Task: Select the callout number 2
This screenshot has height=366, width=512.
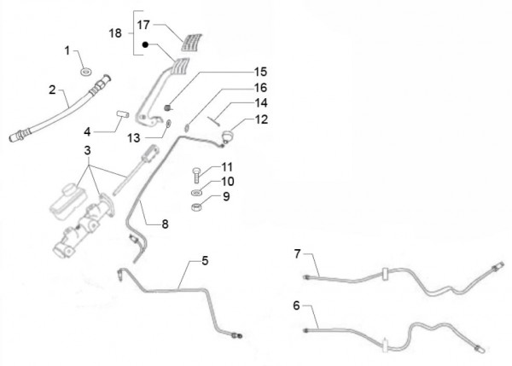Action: click(52, 89)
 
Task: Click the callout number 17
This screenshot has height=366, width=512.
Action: click(146, 26)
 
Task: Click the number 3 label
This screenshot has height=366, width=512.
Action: click(86, 150)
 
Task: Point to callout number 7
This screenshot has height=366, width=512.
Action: click(299, 254)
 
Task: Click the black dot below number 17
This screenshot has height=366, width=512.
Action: click(145, 44)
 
